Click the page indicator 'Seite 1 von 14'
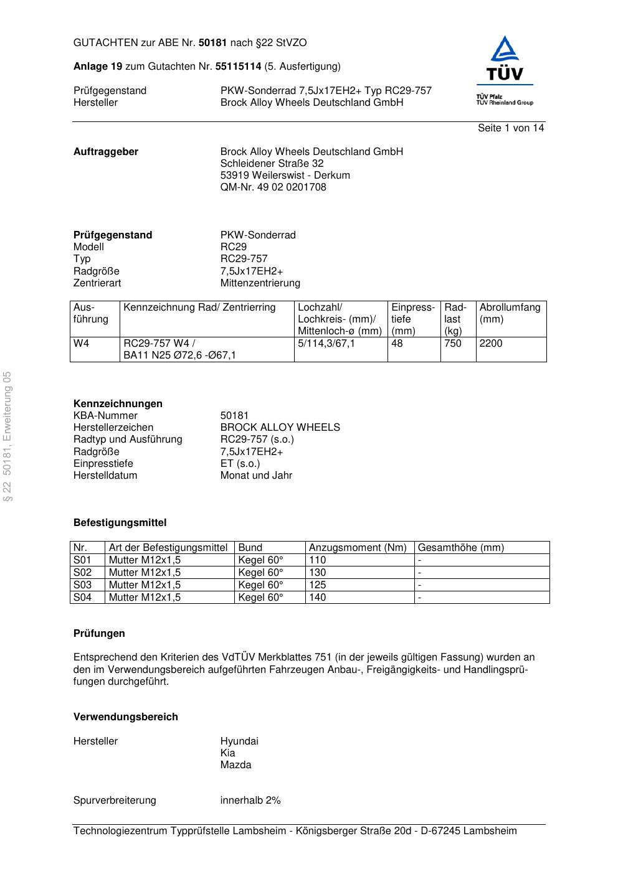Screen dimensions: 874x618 [511, 128]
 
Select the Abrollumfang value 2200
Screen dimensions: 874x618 [491, 344]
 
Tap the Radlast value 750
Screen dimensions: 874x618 [453, 344]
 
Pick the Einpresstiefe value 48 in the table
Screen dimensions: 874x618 [397, 344]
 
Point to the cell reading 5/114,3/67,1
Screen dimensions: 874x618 [326, 344]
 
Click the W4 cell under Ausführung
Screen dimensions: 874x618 [82, 344]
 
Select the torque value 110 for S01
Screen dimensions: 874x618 [318, 560]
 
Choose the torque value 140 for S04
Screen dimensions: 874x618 [318, 598]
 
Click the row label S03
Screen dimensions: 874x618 [82, 585]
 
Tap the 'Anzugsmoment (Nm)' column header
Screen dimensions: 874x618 [358, 548]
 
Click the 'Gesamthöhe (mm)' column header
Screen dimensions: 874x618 [460, 548]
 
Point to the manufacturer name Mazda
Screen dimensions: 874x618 [235, 765]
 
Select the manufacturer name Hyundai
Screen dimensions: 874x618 [239, 741]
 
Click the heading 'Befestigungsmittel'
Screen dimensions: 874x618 [120, 523]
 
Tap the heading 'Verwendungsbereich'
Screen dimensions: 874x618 [126, 717]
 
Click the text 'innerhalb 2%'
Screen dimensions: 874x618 [250, 801]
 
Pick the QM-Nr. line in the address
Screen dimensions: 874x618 [273, 187]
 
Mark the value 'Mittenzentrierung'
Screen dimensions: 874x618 [260, 283]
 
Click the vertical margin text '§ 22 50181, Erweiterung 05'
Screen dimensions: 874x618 [7, 436]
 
